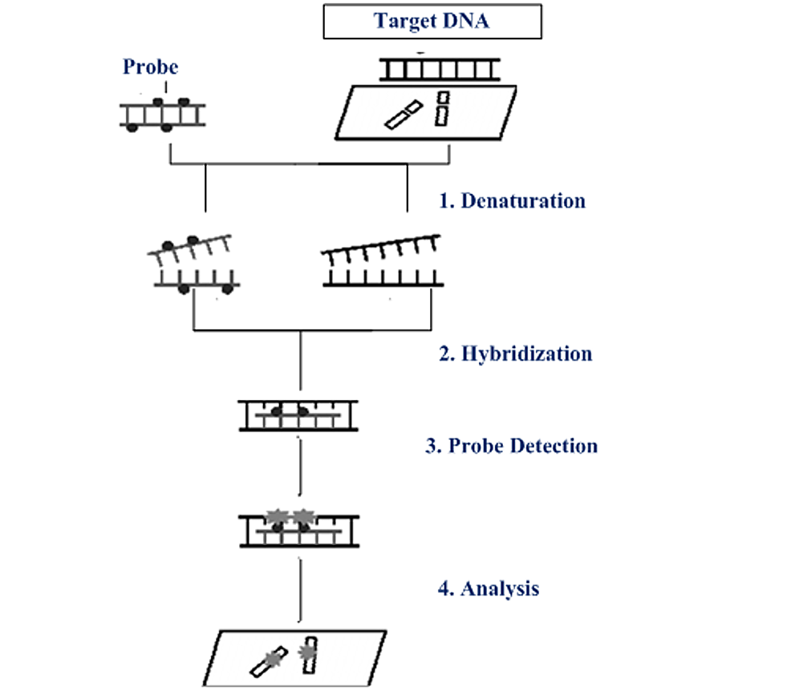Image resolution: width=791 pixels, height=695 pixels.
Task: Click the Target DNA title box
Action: tap(432, 21)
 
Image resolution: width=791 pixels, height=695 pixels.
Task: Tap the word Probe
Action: tap(150, 67)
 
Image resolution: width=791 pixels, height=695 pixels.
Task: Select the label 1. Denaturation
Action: tap(512, 200)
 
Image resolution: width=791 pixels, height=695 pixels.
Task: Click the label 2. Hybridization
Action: tap(515, 354)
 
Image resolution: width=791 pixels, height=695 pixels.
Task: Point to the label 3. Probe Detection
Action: tap(511, 446)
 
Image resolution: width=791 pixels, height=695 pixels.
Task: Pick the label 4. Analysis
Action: tap(489, 588)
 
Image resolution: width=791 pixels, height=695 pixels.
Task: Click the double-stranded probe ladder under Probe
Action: tap(162, 115)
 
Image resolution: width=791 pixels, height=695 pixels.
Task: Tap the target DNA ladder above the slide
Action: tap(440, 70)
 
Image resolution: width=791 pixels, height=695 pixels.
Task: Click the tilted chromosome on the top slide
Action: tap(404, 115)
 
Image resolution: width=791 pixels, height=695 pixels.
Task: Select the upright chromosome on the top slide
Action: tap(442, 108)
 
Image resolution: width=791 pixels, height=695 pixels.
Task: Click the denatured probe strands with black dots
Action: tap(193, 264)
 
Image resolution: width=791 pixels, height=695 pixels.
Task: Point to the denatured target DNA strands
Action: tap(382, 261)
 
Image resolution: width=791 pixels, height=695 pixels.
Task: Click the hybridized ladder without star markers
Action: tap(298, 416)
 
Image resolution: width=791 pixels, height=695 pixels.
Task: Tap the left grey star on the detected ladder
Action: tap(277, 516)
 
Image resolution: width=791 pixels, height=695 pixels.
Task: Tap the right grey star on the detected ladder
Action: tap(304, 516)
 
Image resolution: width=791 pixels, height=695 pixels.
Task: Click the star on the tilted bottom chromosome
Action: tap(273, 658)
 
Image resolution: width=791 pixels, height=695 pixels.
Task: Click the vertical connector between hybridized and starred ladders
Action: tap(300, 467)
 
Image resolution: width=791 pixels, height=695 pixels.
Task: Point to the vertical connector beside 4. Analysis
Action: tap(300, 590)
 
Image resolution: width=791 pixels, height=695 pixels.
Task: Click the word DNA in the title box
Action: tap(466, 21)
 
